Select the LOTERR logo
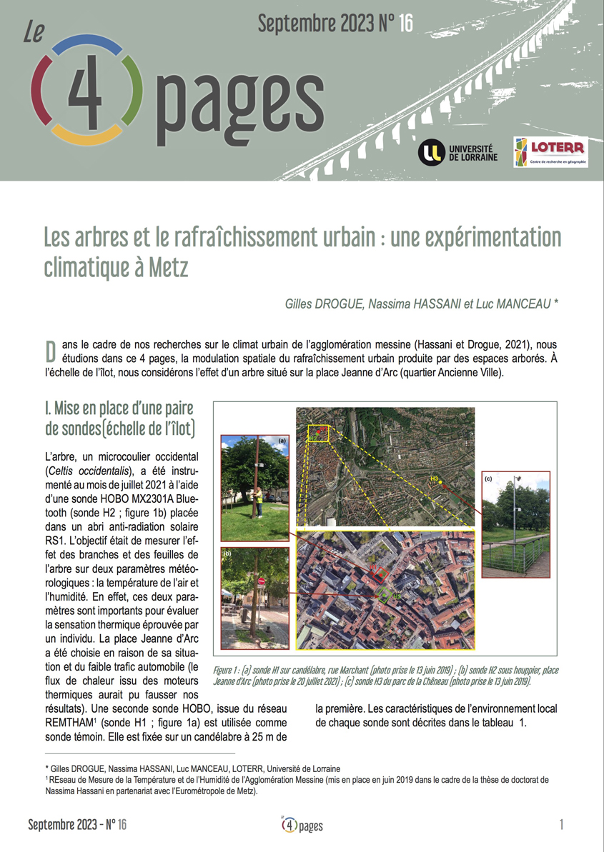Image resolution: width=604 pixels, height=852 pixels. (550, 151)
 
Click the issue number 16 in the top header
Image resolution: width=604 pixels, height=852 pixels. (405, 24)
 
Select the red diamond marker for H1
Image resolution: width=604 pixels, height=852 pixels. (380, 574)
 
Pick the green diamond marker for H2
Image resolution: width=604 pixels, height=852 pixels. (385, 595)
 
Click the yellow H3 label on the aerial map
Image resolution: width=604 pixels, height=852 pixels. (434, 478)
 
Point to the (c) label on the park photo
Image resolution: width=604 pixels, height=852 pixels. (489, 476)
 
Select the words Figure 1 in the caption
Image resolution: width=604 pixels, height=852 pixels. (227, 671)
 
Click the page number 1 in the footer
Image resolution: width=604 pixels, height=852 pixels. (561, 825)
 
